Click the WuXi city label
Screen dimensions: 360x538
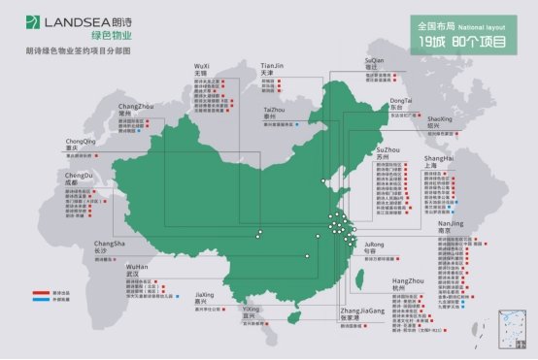coord(201,69)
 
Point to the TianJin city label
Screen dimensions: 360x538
coord(273,69)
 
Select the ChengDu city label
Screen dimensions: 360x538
coord(79,179)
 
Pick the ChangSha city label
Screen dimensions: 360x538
coord(108,245)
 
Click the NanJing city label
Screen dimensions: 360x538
coord(452,226)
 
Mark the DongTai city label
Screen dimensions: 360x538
coord(401,104)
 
